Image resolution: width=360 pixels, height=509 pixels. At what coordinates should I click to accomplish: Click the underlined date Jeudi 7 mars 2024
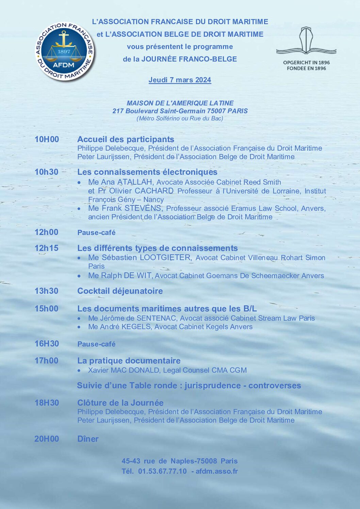tap(180, 80)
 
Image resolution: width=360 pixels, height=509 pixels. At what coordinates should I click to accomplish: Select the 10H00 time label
tap(47, 139)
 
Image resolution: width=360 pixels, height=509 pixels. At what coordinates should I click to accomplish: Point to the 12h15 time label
tap(46, 248)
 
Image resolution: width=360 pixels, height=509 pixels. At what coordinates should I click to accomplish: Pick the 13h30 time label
tap(46, 291)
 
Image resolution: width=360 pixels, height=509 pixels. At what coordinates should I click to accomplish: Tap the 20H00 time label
tap(47, 439)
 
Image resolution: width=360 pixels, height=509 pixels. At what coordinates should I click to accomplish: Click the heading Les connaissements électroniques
tap(147, 172)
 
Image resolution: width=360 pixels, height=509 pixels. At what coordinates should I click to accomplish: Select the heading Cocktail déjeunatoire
tap(120, 291)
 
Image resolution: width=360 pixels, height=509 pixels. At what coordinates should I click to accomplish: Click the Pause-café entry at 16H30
tap(96, 344)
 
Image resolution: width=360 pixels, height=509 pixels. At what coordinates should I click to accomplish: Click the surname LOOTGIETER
tap(165, 258)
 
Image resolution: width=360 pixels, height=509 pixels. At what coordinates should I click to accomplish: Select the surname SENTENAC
tap(156, 318)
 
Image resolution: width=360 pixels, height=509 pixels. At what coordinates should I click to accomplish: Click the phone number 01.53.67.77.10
tap(162, 471)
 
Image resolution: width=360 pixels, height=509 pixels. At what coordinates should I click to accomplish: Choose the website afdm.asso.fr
tap(216, 471)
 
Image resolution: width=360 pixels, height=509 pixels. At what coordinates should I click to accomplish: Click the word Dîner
tap(88, 439)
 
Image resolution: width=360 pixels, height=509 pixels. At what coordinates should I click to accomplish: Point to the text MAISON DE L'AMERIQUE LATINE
tap(180, 103)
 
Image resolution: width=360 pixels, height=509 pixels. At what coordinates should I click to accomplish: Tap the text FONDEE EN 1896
tap(306, 68)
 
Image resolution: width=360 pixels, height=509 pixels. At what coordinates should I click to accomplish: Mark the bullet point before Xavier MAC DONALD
tap(79, 371)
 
